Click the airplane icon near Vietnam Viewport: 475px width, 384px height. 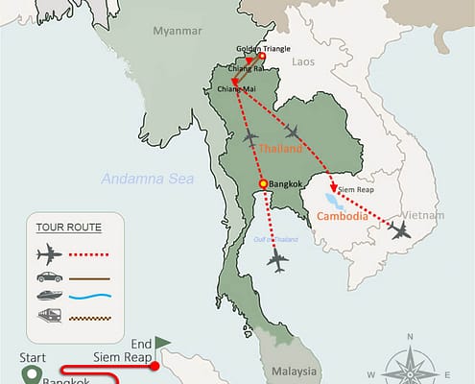click(x=398, y=230)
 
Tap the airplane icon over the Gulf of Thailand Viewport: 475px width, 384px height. click(x=279, y=260)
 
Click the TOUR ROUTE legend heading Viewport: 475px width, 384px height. click(x=66, y=228)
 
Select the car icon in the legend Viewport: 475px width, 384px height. click(x=47, y=276)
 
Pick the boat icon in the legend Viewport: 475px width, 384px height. click(x=47, y=296)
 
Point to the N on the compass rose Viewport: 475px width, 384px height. click(x=410, y=336)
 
